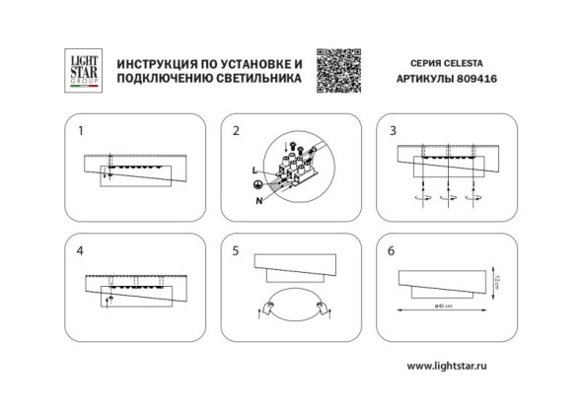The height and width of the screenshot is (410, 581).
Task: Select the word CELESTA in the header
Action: (453, 61)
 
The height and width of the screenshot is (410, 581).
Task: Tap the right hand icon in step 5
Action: (322, 313)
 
